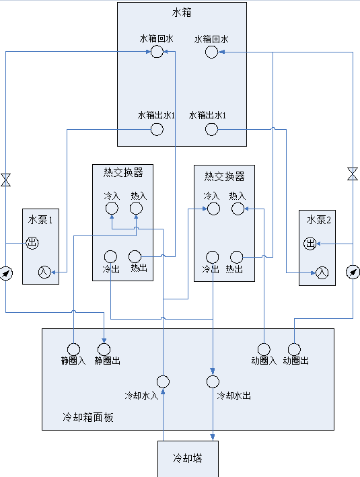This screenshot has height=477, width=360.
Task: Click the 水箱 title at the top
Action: coord(182,13)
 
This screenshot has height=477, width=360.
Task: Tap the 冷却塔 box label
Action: coord(188,458)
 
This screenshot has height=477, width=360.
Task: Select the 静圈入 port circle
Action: coord(73,350)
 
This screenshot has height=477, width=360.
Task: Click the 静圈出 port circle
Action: coord(104,350)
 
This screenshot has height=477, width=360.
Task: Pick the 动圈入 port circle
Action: coord(264,350)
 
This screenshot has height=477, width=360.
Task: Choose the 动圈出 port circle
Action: coord(294,350)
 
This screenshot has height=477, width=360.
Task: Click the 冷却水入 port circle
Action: coord(163,381)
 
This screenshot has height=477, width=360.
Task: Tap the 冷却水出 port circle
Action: coord(213,381)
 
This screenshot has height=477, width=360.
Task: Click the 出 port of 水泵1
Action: coord(32,243)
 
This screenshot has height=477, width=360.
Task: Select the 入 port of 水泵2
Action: coord(322,272)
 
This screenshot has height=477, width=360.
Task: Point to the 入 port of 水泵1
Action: coord(44,272)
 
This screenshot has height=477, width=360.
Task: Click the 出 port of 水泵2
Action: coord(310,244)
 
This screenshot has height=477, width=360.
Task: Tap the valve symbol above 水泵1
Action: coord(6,180)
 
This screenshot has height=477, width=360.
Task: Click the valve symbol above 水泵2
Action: coord(353,174)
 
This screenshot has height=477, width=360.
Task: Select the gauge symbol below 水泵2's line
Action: coord(353,272)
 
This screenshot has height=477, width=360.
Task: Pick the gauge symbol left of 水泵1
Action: coord(6,273)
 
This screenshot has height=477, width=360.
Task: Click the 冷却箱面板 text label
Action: coord(88,417)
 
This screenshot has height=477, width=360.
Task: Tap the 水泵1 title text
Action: coord(40,219)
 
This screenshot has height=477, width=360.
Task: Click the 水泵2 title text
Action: coord(318,219)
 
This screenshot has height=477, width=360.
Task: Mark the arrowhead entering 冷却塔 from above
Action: coord(213,437)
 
